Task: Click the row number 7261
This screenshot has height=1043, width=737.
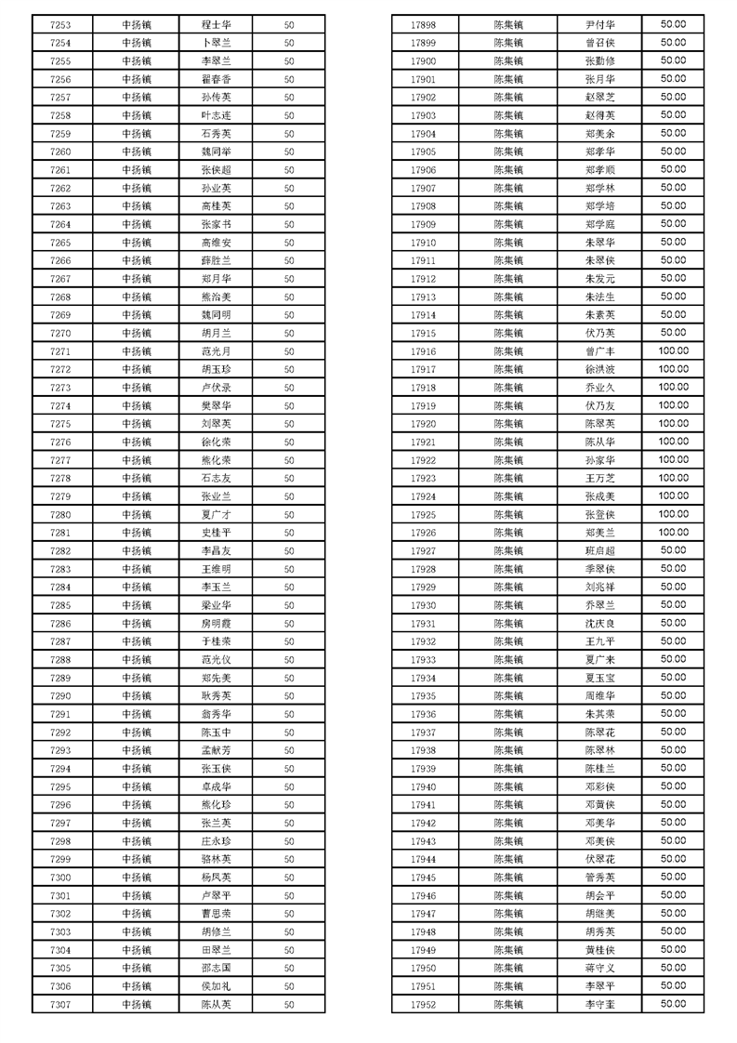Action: tap(59, 170)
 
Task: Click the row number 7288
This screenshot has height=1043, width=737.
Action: tap(59, 659)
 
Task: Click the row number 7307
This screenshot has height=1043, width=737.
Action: tap(59, 1004)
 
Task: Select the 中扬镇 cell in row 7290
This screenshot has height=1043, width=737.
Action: tap(136, 695)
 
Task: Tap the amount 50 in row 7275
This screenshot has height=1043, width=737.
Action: tap(289, 424)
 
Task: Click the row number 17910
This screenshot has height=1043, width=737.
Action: tap(423, 242)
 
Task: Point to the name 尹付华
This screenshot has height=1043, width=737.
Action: tap(599, 24)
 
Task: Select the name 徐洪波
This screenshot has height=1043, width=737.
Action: tap(599, 369)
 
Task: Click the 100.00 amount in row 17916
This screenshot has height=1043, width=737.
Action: tap(673, 350)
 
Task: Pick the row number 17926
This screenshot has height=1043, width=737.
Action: tap(423, 532)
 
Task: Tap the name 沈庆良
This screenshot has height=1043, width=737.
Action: tap(599, 623)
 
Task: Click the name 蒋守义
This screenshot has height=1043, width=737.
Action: tap(599, 967)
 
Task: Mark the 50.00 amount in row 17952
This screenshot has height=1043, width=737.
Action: tap(673, 1003)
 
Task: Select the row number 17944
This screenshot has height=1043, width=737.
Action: tap(423, 858)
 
